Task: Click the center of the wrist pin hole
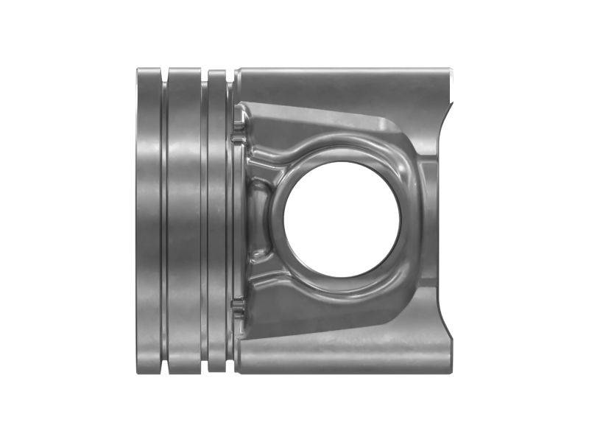[x=342, y=219]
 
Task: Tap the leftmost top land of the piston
[x=148, y=221]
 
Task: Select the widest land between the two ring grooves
[x=184, y=221]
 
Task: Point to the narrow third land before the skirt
[x=216, y=221]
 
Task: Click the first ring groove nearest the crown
[x=164, y=221]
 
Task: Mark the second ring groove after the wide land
[x=204, y=221]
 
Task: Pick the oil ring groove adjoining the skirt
[x=230, y=221]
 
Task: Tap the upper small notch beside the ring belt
[x=238, y=137]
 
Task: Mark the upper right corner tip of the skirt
[x=449, y=71]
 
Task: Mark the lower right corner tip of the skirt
[x=449, y=371]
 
